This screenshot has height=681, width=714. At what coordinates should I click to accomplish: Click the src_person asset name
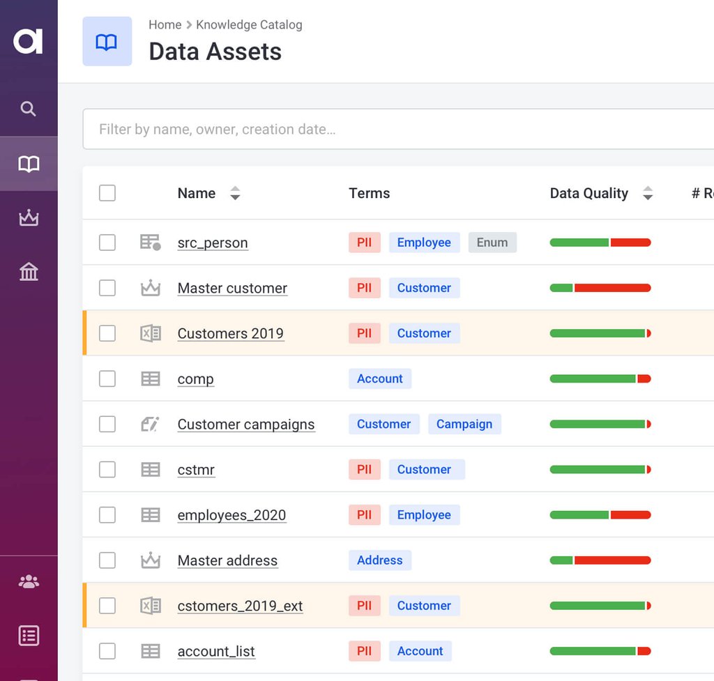pyautogui.click(x=213, y=243)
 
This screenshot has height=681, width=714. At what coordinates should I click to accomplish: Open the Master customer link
pyautogui.click(x=232, y=288)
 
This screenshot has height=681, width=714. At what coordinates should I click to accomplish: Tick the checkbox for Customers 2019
pyautogui.click(x=107, y=333)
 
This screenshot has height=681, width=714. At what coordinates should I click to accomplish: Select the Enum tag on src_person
pyautogui.click(x=492, y=243)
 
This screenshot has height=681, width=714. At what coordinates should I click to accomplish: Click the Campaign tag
pyautogui.click(x=464, y=424)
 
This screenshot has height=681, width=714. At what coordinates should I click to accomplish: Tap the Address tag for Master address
pyautogui.click(x=380, y=560)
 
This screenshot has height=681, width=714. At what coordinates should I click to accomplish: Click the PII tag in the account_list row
pyautogui.click(x=364, y=651)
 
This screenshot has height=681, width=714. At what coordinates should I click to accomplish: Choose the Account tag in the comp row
pyautogui.click(x=380, y=378)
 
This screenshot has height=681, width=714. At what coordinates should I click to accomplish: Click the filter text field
pyautogui.click(x=397, y=129)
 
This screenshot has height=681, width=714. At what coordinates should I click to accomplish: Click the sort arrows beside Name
pyautogui.click(x=235, y=193)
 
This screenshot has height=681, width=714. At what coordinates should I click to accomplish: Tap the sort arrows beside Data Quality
pyautogui.click(x=648, y=193)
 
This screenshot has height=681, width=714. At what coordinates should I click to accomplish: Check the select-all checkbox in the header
pyautogui.click(x=107, y=193)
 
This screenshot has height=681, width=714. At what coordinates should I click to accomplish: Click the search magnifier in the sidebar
pyautogui.click(x=28, y=109)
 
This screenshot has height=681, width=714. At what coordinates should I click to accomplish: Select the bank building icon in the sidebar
pyautogui.click(x=29, y=272)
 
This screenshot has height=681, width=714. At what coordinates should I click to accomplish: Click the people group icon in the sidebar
pyautogui.click(x=29, y=581)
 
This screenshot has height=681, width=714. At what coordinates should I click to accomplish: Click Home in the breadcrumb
pyautogui.click(x=165, y=25)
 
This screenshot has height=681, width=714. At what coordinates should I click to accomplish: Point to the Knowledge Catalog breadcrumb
pyautogui.click(x=249, y=25)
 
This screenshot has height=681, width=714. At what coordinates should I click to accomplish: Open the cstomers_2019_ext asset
pyautogui.click(x=240, y=606)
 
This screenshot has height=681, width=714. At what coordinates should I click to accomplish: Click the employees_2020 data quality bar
pyautogui.click(x=600, y=515)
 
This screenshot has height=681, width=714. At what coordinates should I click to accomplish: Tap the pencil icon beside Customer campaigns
pyautogui.click(x=150, y=424)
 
